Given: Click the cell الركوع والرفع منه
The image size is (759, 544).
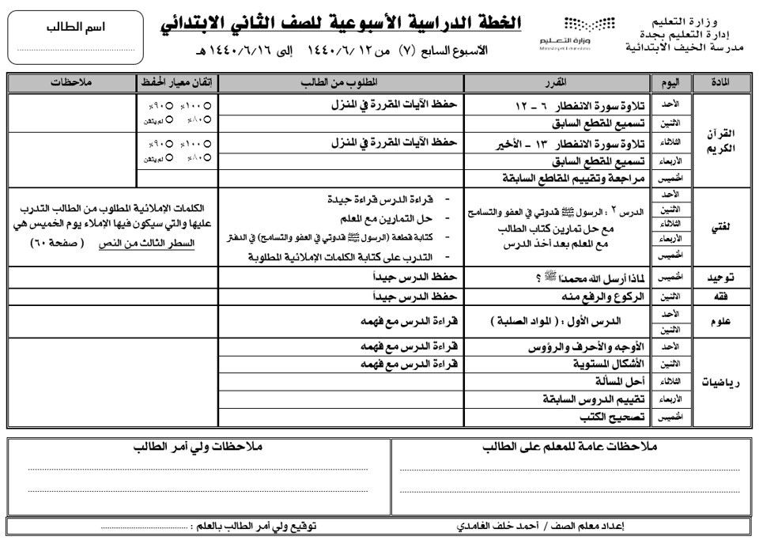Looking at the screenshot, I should pos(588,297).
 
